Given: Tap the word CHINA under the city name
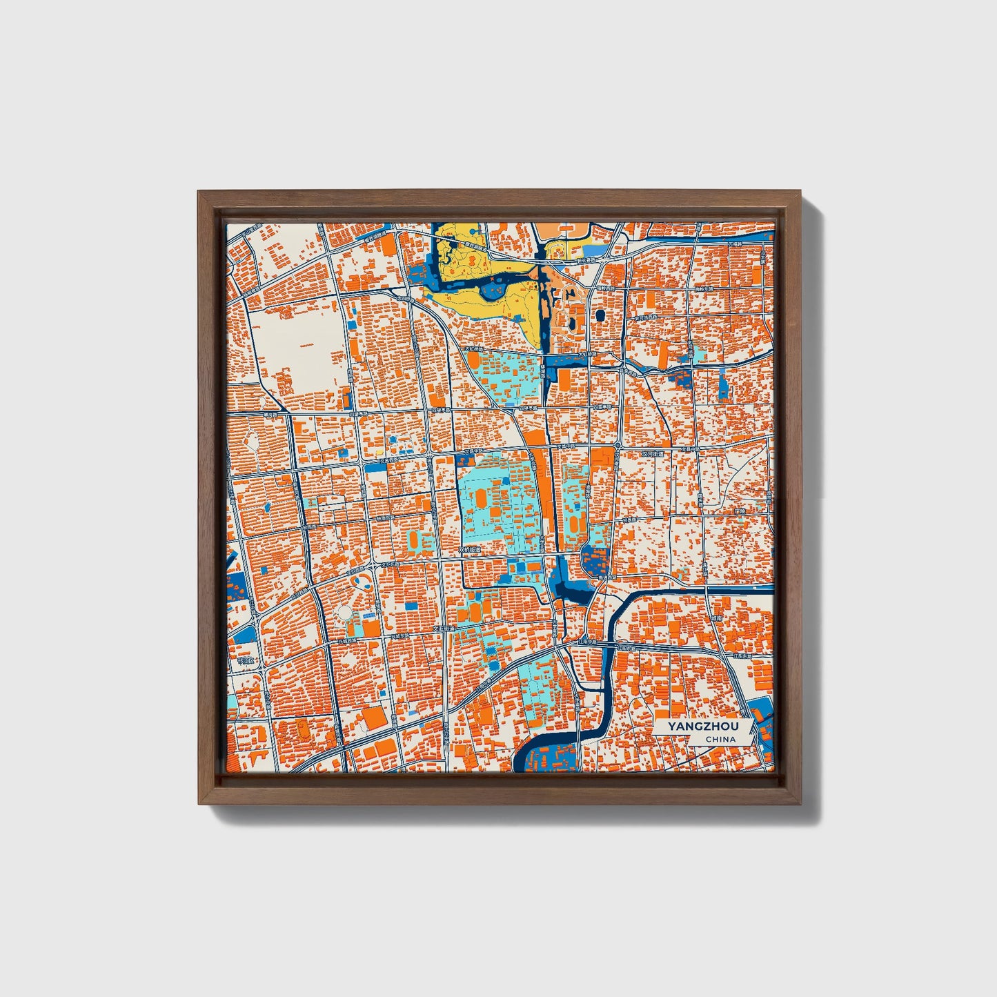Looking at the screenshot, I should (x=720, y=739).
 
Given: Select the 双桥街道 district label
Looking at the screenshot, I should (x=469, y=551).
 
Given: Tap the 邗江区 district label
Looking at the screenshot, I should (x=245, y=660).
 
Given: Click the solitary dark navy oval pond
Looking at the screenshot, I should (x=598, y=315).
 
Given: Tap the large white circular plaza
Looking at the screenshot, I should (x=346, y=613).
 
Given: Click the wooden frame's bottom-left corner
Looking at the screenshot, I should (x=200, y=803).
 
